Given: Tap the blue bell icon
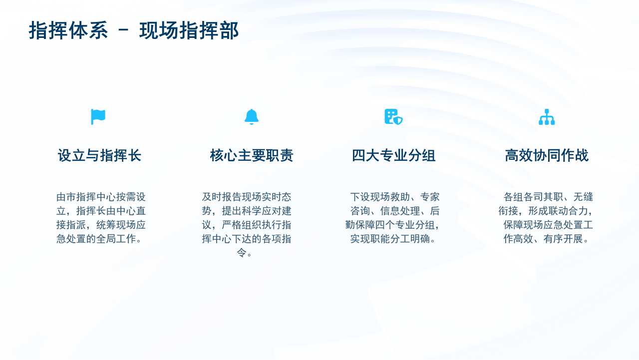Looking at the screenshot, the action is click(x=252, y=117).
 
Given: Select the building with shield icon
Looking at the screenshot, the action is click(x=393, y=117).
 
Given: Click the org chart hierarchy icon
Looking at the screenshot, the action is click(x=547, y=117).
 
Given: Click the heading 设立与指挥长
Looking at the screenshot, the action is click(x=99, y=155).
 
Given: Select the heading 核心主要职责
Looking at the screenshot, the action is click(x=252, y=155).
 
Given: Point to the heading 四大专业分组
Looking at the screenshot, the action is click(x=394, y=155).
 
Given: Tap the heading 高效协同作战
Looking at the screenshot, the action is click(x=547, y=155).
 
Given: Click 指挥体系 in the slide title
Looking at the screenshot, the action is click(x=68, y=30).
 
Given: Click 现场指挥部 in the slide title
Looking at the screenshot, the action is click(x=189, y=30).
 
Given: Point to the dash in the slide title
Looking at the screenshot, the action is click(x=123, y=29).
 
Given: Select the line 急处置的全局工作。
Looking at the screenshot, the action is click(x=99, y=239).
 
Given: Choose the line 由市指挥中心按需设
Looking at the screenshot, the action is click(x=101, y=197).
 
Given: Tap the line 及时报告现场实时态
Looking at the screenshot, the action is click(x=247, y=197).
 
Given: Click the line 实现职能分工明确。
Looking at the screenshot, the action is click(x=393, y=239).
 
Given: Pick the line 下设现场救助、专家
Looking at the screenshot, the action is click(x=395, y=197).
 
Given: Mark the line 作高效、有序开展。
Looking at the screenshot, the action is click(x=546, y=239).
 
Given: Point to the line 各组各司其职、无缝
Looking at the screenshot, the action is click(x=548, y=197).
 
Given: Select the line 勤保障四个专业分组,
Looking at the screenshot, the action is click(x=392, y=225).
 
